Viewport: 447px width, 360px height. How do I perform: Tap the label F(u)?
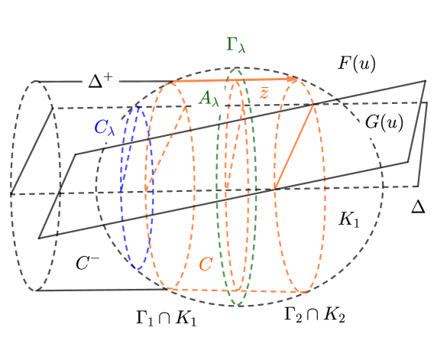(x=357, y=63)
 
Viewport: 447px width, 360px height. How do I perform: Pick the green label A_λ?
(x=209, y=99)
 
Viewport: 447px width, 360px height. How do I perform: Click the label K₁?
(x=348, y=219)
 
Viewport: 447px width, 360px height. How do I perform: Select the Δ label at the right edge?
(x=418, y=206)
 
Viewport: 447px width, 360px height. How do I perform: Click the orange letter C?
(x=206, y=264)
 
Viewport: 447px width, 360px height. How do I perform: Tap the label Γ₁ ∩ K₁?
(x=165, y=317)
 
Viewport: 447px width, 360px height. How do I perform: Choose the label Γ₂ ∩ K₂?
(x=314, y=315)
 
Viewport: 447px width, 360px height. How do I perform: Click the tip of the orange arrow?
(x=297, y=78)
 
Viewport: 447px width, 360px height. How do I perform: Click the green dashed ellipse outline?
(x=219, y=191)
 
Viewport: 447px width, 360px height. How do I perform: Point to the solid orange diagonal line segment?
(x=294, y=147)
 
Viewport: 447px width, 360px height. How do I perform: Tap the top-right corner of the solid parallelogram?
(x=425, y=80)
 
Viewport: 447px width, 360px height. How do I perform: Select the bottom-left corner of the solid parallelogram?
(x=38, y=238)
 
